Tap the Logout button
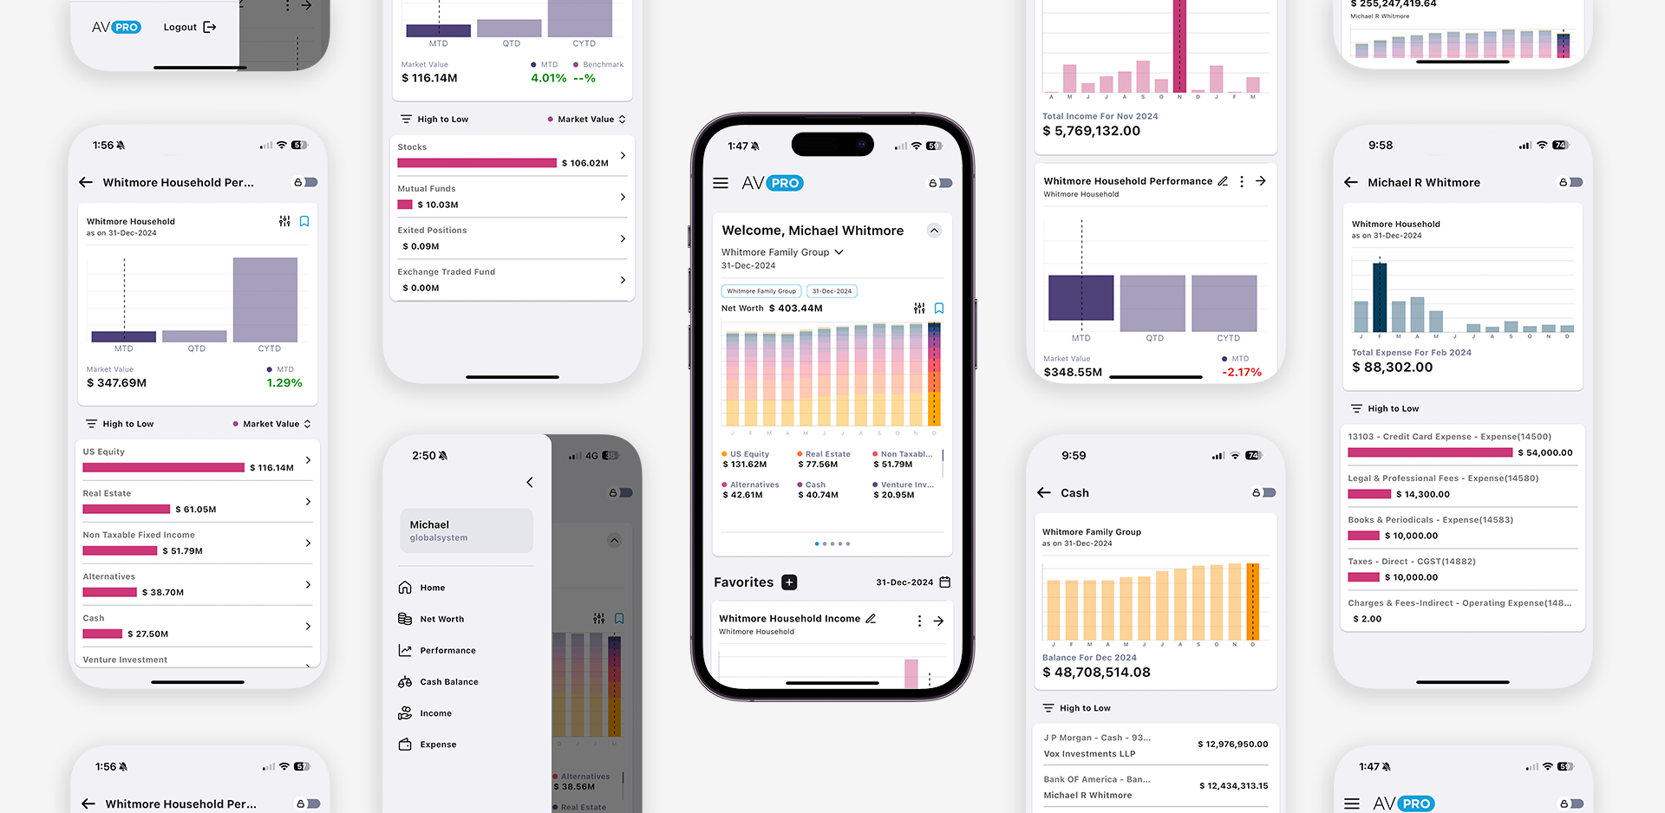coord(189,27)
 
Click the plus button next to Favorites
coord(789,582)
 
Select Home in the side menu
coord(432,588)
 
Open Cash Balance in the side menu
coord(448,682)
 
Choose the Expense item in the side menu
coord(438,745)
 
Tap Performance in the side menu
coord(447,650)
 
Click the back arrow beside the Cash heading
coord(1044,492)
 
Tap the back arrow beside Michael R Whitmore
coord(1351,182)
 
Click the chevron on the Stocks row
coord(623,155)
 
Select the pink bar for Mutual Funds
coord(405,205)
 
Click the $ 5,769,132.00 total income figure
coord(1091,131)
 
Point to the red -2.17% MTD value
coord(1241,372)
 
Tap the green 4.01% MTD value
coord(548,78)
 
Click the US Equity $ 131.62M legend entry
coord(745,459)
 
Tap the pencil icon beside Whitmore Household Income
coord(871,619)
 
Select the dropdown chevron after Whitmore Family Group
coord(839,252)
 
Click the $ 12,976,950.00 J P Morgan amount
coord(1232,744)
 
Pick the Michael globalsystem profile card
coord(467,530)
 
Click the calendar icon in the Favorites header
coord(945,582)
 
